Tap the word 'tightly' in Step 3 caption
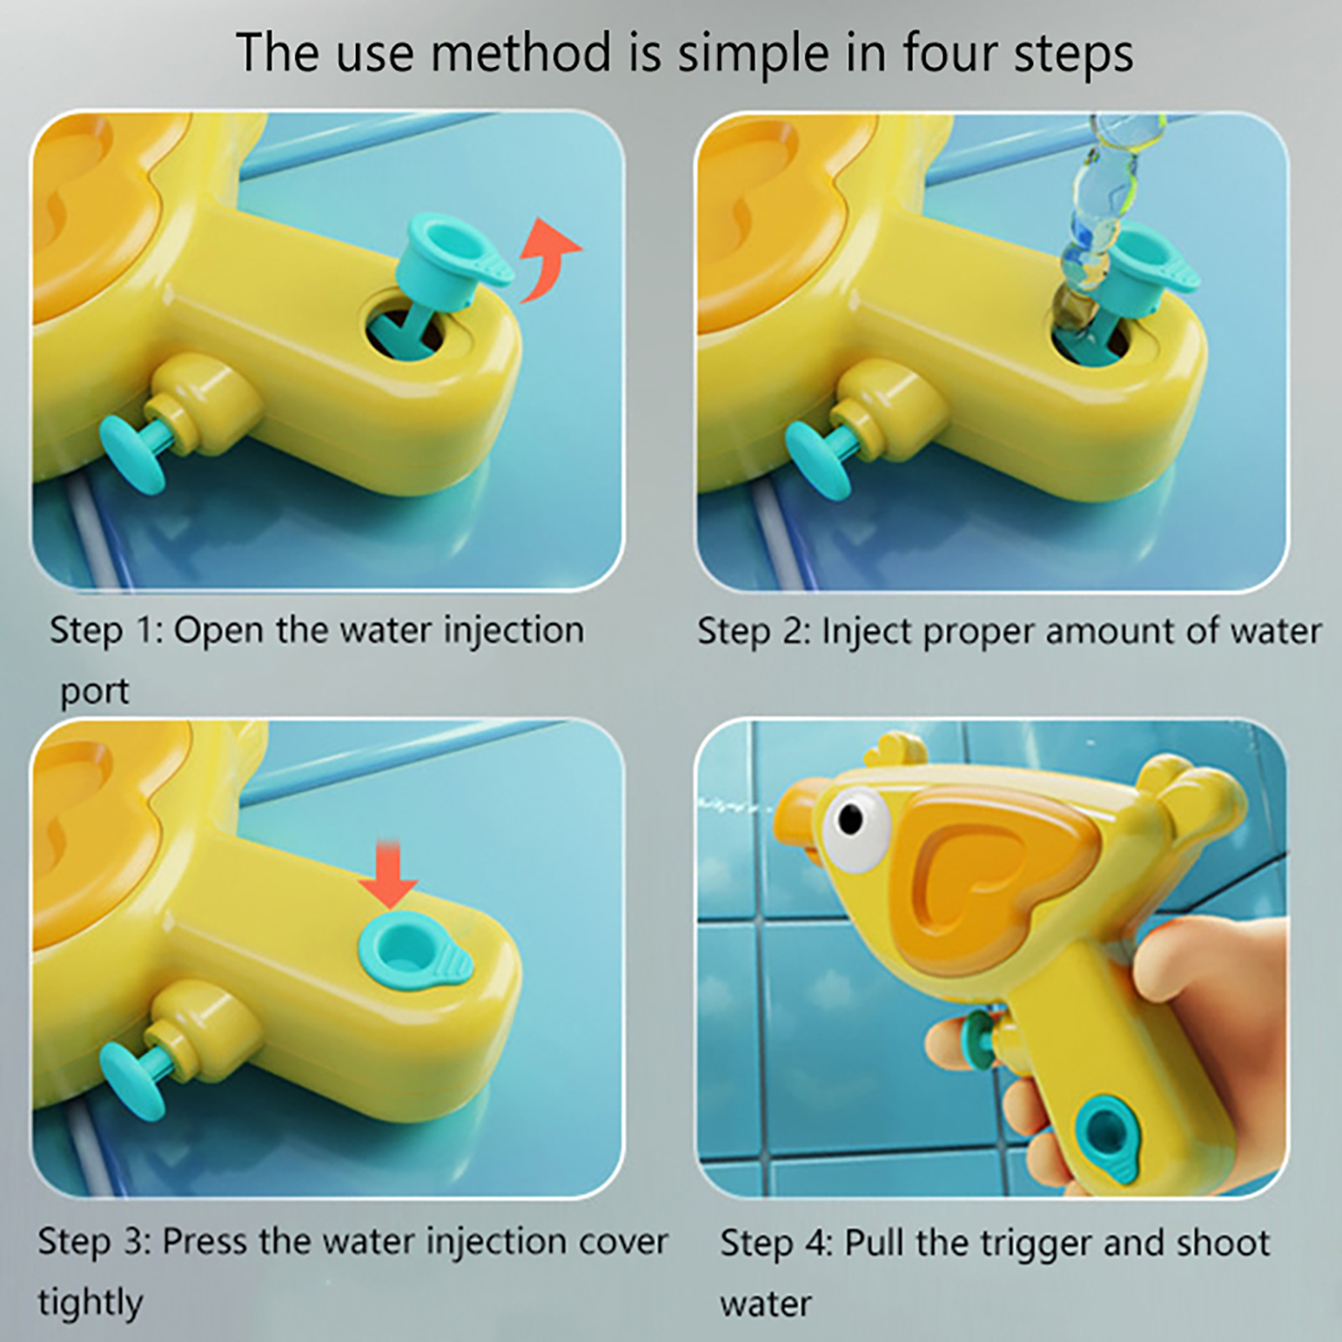(90, 1303)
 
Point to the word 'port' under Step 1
(95, 693)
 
